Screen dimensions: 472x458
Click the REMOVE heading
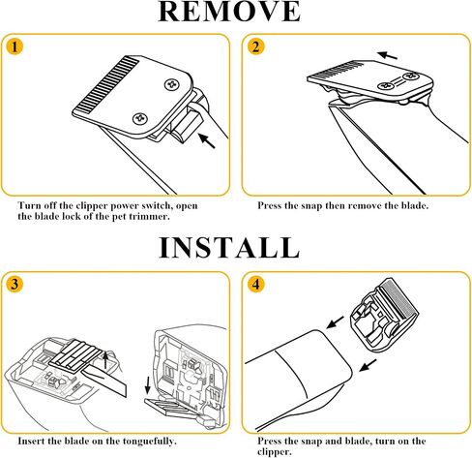(x=229, y=12)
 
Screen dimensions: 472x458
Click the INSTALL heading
(x=229, y=248)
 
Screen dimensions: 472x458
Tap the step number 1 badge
(x=15, y=46)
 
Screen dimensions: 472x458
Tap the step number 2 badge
(x=255, y=46)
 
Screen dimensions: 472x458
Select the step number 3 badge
(x=15, y=285)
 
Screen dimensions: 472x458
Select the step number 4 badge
(x=255, y=285)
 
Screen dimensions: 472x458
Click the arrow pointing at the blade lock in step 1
(x=206, y=140)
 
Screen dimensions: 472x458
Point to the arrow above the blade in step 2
(x=387, y=55)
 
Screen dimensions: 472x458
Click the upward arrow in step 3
(x=105, y=360)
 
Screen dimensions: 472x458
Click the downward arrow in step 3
(x=148, y=385)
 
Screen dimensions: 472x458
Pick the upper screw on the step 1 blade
(x=171, y=85)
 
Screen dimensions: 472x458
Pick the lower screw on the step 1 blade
(x=140, y=118)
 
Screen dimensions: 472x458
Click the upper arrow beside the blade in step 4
(x=335, y=322)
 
